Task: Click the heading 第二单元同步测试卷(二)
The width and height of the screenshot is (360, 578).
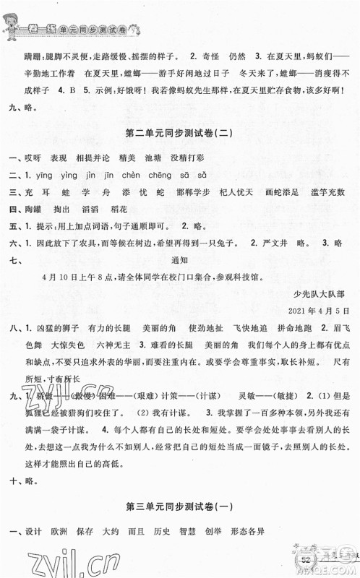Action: (179, 134)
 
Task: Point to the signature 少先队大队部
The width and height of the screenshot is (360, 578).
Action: (321, 294)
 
